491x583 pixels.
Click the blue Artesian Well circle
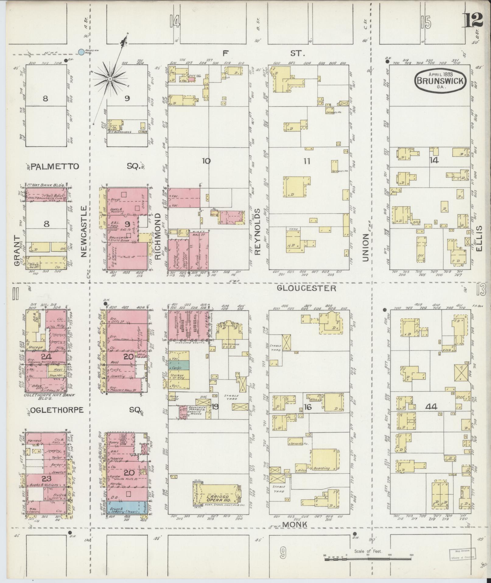pos(81,52)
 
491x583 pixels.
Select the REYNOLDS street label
pos(258,232)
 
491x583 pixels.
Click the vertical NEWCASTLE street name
pos(85,231)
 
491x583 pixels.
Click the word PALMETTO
pos(55,166)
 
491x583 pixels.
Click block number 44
pos(432,407)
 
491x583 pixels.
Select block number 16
pos(307,407)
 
